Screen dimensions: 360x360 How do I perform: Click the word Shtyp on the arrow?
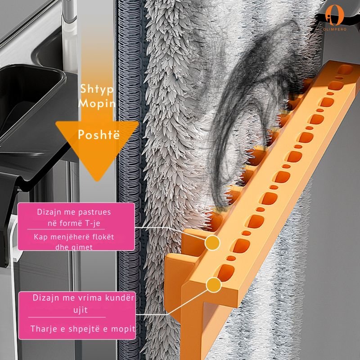(x=97, y=89)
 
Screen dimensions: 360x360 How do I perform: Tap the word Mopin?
(x=97, y=103)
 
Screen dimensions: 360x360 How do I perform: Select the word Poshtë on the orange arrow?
(x=99, y=135)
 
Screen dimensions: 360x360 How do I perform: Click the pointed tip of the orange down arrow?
(x=97, y=181)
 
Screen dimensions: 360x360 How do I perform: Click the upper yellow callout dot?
(x=212, y=243)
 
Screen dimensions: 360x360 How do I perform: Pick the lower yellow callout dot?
(x=213, y=285)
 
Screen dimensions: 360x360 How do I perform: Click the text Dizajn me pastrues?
(x=74, y=212)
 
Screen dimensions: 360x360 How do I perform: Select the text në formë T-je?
(x=74, y=223)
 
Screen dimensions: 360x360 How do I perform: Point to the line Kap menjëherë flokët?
(x=74, y=237)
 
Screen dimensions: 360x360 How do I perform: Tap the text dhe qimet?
(x=74, y=247)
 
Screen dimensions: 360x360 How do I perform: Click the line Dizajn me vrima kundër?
(x=83, y=298)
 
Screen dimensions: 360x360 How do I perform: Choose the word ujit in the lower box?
(x=81, y=310)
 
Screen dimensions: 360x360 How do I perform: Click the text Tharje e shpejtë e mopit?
(x=83, y=329)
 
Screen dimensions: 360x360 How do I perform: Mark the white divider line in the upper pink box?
(x=66, y=229)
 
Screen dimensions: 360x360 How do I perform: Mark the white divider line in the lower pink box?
(x=67, y=317)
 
